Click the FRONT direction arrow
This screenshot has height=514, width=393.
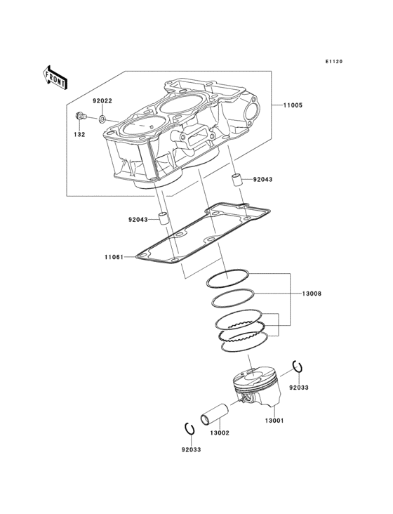pyautogui.click(x=55, y=77)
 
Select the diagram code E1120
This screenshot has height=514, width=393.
pyautogui.click(x=334, y=61)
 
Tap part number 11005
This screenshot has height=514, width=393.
pyautogui.click(x=293, y=105)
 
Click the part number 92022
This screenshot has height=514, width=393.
pyautogui.click(x=102, y=101)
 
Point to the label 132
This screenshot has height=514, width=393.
pyautogui.click(x=79, y=134)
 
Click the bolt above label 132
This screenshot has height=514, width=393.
pyautogui.click(x=81, y=116)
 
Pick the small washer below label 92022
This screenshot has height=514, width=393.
pyautogui.click(x=102, y=119)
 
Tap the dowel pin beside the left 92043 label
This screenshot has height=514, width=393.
pyautogui.click(x=163, y=218)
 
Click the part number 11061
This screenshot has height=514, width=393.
pyautogui.click(x=114, y=257)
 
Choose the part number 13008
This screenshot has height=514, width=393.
pyautogui.click(x=312, y=294)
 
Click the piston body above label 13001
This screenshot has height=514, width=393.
pyautogui.click(x=257, y=388)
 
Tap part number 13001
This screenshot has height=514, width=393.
pyautogui.click(x=274, y=421)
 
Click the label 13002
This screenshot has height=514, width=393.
pyautogui.click(x=220, y=433)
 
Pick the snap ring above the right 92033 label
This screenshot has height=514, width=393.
pyautogui.click(x=298, y=367)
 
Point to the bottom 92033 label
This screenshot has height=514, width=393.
pyautogui.click(x=192, y=449)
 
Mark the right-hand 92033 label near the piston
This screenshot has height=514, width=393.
pyautogui.click(x=299, y=388)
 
